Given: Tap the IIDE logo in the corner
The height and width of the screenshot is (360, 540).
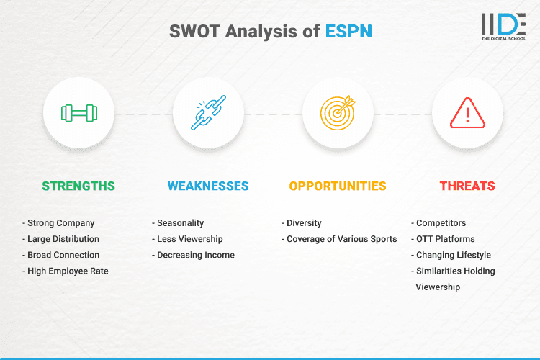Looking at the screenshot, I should pos(503,25).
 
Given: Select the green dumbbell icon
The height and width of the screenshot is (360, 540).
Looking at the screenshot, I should pos(78,113).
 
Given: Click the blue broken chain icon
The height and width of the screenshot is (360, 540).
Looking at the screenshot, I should pos(208,113).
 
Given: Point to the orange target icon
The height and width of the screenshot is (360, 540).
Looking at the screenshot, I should pos(338,113).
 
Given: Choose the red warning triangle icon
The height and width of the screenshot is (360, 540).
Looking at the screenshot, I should pos(467,113).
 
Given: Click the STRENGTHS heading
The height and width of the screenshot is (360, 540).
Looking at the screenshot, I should pos(78,186).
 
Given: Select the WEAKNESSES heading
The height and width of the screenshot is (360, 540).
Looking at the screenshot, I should pos(208,186).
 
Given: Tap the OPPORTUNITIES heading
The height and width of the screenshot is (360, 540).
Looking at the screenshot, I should pos(338,186).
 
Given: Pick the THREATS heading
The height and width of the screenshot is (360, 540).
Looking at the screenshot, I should pos(467,186).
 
